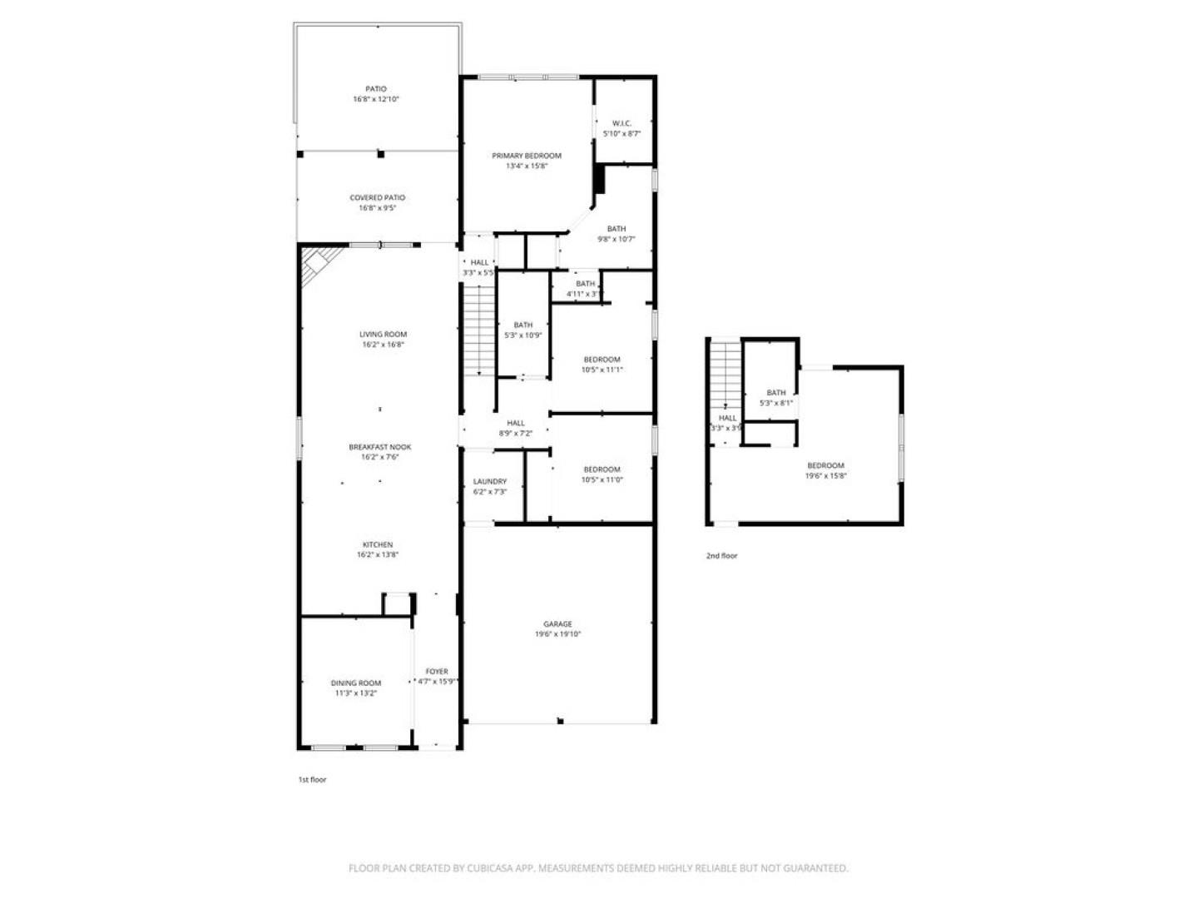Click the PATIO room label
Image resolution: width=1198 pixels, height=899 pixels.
[x=376, y=89]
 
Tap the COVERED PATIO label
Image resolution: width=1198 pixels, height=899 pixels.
[x=377, y=198]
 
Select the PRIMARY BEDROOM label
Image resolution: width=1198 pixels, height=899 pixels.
[x=526, y=156]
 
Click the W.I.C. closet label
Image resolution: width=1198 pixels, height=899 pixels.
[x=621, y=123]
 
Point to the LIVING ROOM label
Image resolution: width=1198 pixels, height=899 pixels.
[x=383, y=335]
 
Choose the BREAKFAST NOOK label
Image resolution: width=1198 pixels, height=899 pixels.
[x=379, y=447]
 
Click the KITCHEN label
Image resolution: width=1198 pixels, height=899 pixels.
[x=377, y=545]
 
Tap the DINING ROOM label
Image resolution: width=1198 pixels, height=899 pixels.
[x=356, y=683]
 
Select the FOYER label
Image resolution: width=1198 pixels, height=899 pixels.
[x=437, y=671]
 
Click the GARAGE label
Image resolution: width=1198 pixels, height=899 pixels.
[x=557, y=624]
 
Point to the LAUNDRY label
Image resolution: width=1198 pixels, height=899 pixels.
[x=489, y=481]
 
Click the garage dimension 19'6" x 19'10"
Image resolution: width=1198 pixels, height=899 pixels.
[x=557, y=634]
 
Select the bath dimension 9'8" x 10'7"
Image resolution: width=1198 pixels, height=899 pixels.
[x=616, y=239]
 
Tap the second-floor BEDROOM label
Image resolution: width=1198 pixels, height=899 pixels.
[x=825, y=466]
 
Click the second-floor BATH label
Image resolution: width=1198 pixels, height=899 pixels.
[x=775, y=393]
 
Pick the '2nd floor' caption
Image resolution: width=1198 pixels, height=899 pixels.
[x=721, y=556]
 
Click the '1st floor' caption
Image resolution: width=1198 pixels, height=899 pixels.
[x=312, y=780]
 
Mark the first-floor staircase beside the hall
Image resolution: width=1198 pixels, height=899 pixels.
[x=478, y=329]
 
